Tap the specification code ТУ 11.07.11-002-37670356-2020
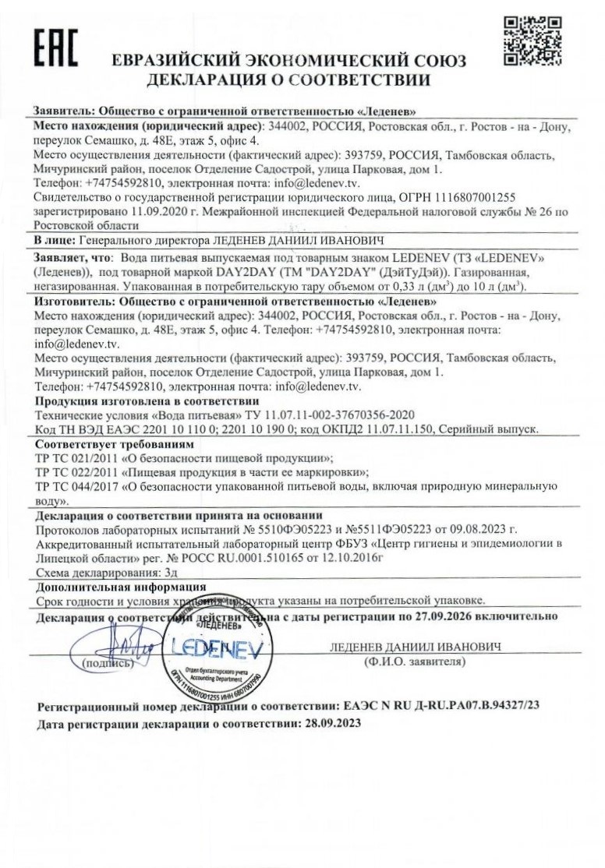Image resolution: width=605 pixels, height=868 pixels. pyautogui.click(x=322, y=415)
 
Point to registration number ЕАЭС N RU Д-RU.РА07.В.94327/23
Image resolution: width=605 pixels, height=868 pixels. pyautogui.click(x=441, y=706)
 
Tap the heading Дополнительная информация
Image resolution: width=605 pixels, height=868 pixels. pyautogui.click(x=121, y=586)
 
